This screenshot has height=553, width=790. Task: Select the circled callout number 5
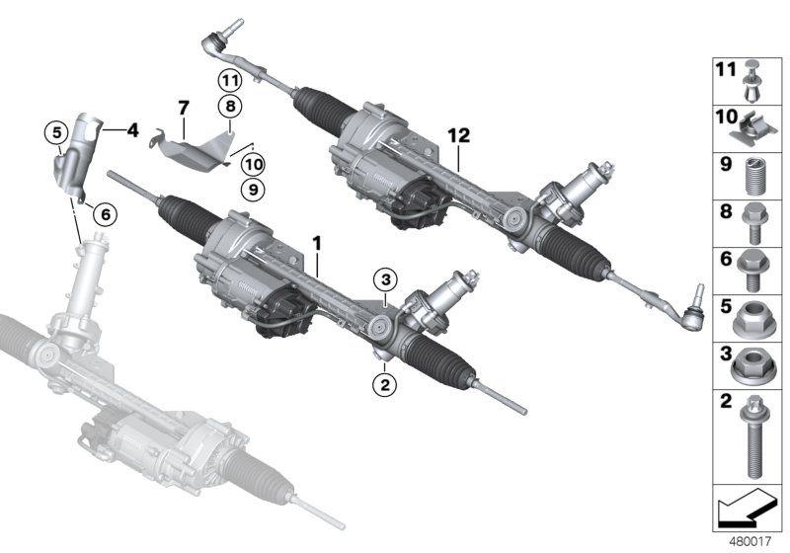click(x=57, y=131)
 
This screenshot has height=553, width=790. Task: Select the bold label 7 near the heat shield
click(x=183, y=106)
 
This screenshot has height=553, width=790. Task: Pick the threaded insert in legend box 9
click(x=753, y=176)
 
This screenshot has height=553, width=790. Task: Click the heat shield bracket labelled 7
click(x=195, y=149)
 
